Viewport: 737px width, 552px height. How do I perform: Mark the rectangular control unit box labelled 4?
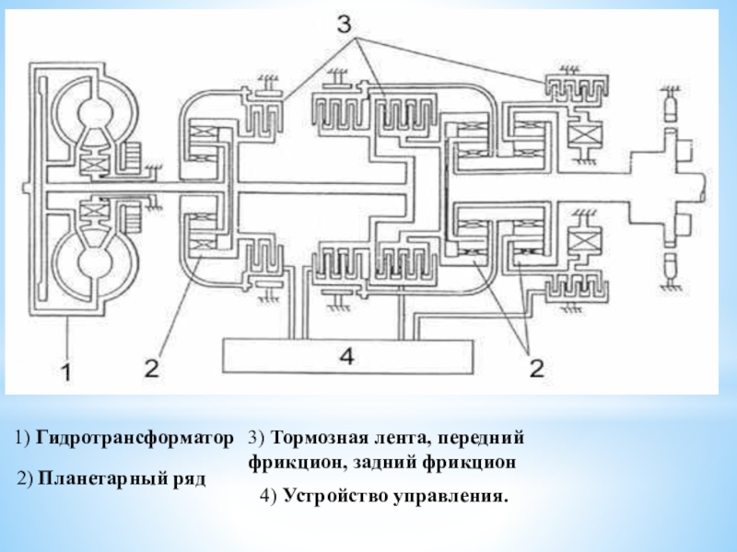[345, 356]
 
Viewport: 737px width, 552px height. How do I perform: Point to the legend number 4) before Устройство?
[269, 497]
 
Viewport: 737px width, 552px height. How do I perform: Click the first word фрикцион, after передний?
[293, 461]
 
